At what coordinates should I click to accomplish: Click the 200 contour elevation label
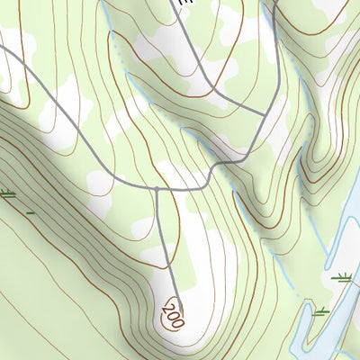(x=175, y=313)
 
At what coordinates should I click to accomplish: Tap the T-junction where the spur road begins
(x=157, y=188)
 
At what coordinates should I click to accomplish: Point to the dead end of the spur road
(x=176, y=300)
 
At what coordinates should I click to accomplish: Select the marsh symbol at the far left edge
(x=8, y=194)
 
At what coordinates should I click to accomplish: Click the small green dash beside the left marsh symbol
(x=31, y=213)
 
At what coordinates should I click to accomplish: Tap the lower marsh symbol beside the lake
(x=320, y=311)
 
